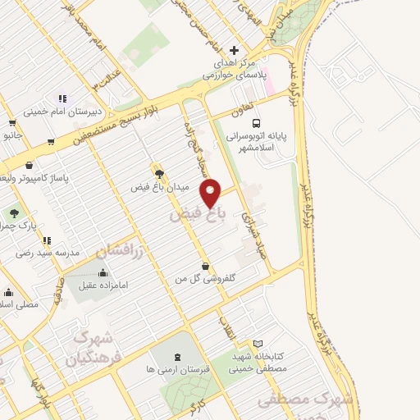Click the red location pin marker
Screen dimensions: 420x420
(212, 192)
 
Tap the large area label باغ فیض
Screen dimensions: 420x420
(197, 216)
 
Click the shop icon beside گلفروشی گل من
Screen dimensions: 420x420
(215, 268)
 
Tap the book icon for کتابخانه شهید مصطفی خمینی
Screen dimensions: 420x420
(258, 345)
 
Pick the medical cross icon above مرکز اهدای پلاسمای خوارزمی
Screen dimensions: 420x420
(235, 51)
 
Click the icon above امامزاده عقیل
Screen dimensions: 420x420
(103, 273)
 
